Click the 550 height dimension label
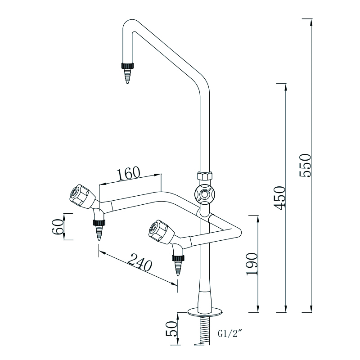point(306,165)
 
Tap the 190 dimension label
point(252,264)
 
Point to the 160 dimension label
point(129,174)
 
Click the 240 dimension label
point(140,265)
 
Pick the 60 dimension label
point(57,227)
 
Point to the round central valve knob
point(205,194)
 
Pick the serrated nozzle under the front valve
point(178,265)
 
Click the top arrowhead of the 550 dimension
point(311,22)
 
